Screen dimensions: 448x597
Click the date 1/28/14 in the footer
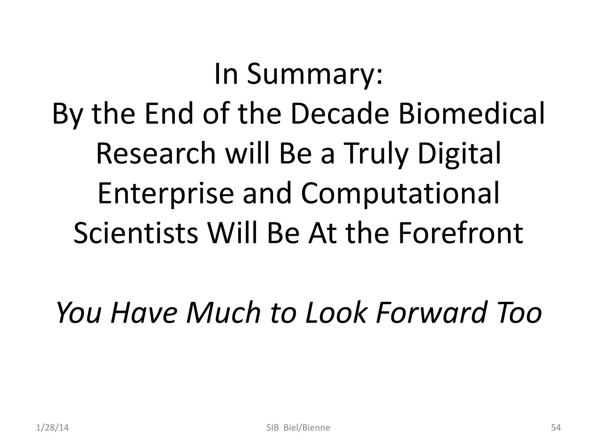52,428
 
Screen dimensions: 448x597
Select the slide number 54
556,428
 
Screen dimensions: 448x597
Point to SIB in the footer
273,428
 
